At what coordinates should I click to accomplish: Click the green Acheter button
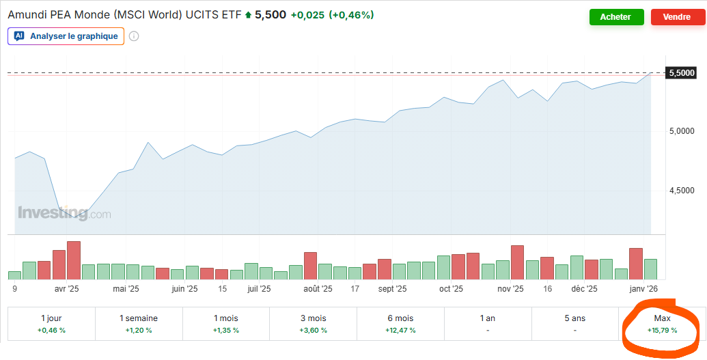pos(616,17)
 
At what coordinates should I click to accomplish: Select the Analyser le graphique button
pos(66,36)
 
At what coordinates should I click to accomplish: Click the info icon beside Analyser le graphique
pos(134,36)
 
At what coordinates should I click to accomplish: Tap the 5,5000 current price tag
pos(681,72)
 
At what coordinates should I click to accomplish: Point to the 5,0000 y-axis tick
pos(681,131)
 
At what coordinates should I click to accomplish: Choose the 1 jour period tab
pos(52,324)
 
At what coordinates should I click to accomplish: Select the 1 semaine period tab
pos(139,324)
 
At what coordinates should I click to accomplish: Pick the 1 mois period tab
pos(226,324)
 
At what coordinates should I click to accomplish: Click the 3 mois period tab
pos(314,324)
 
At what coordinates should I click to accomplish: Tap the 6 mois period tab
pos(400,324)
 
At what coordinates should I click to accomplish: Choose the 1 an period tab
pos(488,324)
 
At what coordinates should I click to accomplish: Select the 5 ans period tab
pos(574,324)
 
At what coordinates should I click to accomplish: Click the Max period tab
pos(662,324)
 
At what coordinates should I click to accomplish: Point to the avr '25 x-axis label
pos(66,289)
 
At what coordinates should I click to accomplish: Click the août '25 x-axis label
pos(318,289)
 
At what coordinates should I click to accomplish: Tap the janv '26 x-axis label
pos(643,289)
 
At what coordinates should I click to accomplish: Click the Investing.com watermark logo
pos(64,213)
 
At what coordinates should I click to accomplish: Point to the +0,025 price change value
pos(307,14)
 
